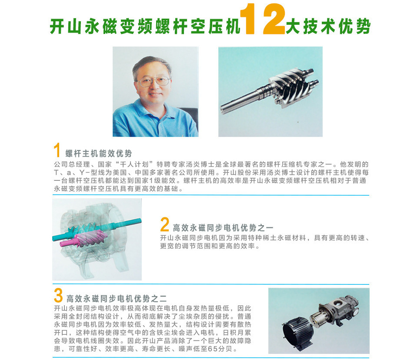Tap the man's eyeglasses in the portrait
(154, 81)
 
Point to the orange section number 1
(57, 151)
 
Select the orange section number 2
(164, 225)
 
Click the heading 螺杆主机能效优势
(99, 154)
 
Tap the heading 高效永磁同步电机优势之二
(117, 299)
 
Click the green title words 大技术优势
(328, 27)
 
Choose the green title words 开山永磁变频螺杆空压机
(145, 27)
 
